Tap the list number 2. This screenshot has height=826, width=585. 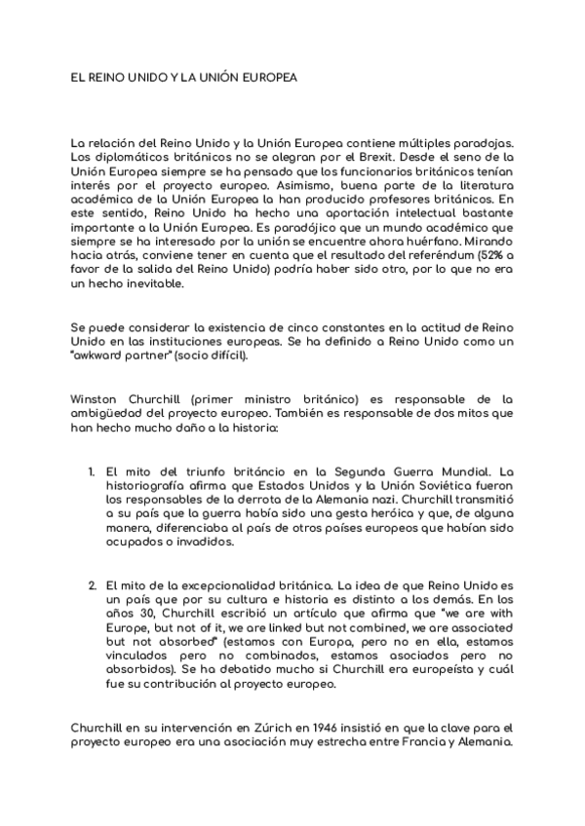click(92, 584)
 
